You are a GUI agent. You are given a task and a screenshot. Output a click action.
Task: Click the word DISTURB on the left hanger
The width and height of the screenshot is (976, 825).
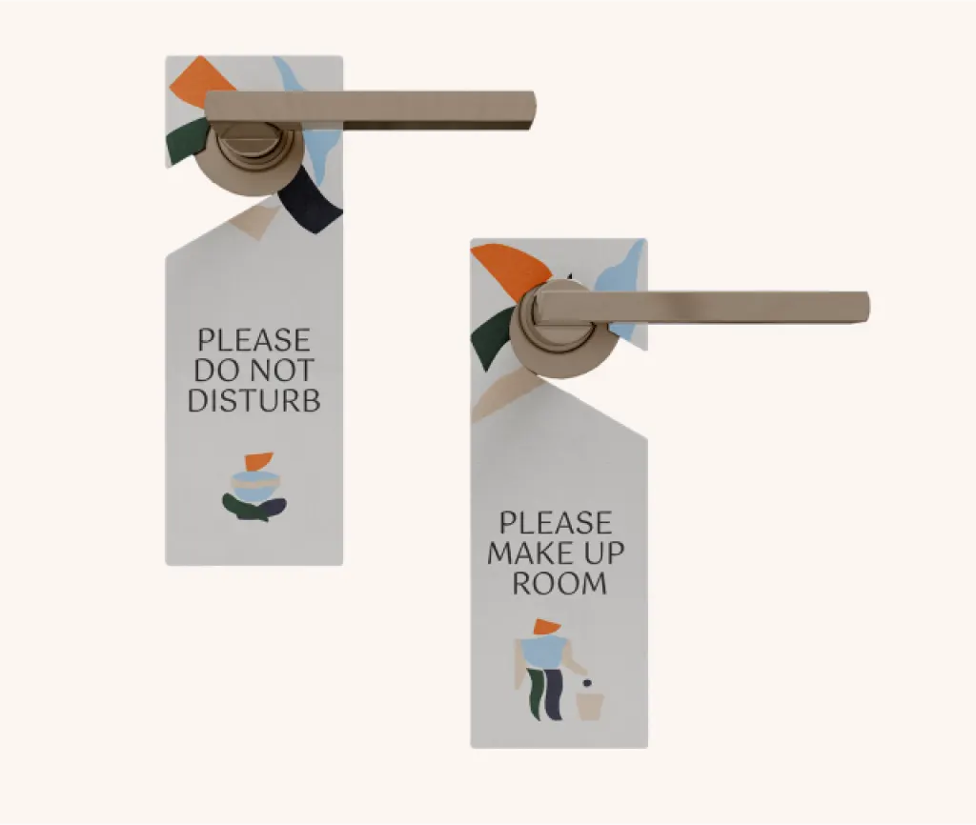(254, 400)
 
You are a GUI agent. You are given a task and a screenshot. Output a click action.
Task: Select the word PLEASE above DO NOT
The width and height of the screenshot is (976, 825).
(254, 340)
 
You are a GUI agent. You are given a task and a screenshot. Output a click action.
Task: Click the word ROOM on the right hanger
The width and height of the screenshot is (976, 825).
(559, 584)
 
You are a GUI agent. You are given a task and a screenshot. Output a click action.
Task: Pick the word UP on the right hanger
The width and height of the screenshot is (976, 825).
(603, 553)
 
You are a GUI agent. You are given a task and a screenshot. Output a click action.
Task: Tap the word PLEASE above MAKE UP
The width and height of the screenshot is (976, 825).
(556, 523)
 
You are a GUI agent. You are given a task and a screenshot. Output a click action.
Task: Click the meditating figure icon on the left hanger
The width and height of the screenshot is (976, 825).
(254, 487)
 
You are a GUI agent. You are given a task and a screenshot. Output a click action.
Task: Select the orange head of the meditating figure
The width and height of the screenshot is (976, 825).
(257, 461)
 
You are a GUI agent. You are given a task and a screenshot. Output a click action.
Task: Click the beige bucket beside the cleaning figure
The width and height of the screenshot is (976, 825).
(589, 707)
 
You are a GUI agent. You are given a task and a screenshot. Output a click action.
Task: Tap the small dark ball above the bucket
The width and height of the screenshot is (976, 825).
(586, 683)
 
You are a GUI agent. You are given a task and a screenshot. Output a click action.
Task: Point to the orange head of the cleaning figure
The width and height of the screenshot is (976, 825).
(546, 627)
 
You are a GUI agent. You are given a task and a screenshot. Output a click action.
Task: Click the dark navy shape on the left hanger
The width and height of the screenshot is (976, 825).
(311, 202)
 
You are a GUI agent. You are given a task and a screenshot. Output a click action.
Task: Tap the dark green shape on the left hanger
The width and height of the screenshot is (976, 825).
(186, 141)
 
